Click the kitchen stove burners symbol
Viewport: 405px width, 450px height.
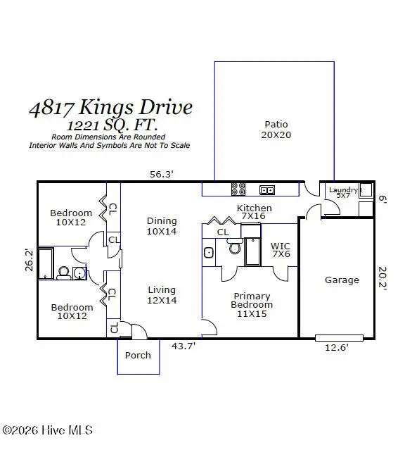coord(238,189)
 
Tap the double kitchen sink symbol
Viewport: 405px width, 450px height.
coord(266,189)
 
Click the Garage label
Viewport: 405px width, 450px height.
coord(342,280)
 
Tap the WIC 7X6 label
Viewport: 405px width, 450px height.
coord(281,250)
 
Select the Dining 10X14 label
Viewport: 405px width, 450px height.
coord(162,225)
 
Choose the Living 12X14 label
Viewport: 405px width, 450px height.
coord(162,295)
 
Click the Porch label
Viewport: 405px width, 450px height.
coord(138,355)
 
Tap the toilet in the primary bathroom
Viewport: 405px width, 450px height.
coord(235,248)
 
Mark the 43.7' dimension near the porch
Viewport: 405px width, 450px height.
coord(184,346)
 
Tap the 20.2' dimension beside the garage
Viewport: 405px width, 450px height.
coord(382,280)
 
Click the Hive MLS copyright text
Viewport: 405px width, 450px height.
coord(48,430)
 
